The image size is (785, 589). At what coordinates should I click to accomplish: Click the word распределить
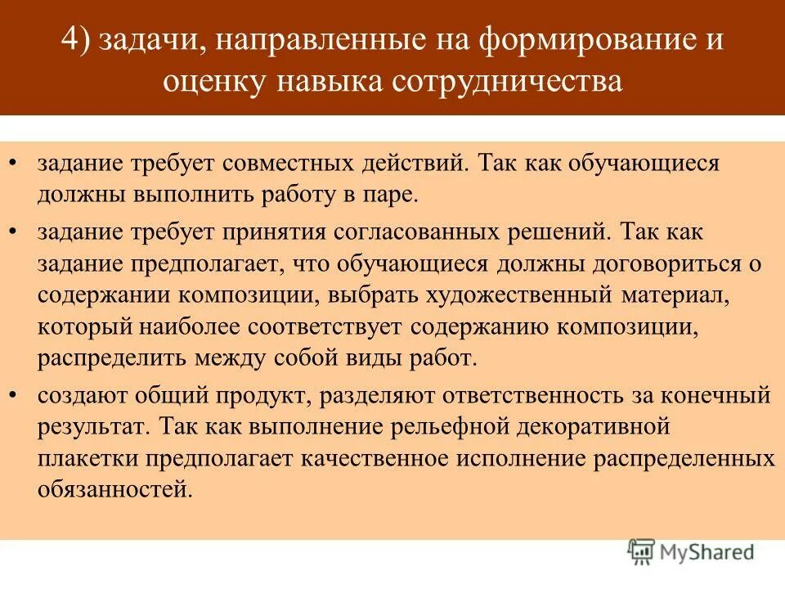click(x=111, y=358)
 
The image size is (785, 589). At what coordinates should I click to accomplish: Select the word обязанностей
click(x=115, y=491)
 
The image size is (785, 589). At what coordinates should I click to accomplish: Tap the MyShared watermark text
click(x=708, y=553)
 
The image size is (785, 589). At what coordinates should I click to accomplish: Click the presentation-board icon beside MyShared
click(x=641, y=552)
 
